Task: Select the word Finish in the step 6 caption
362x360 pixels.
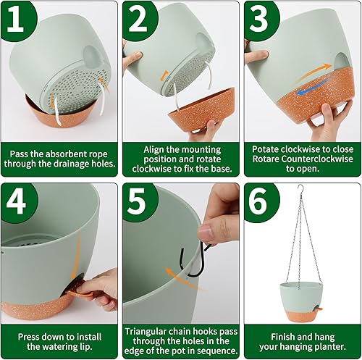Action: pyautogui.click(x=287, y=335)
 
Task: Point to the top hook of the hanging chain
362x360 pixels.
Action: pyautogui.click(x=297, y=190)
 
